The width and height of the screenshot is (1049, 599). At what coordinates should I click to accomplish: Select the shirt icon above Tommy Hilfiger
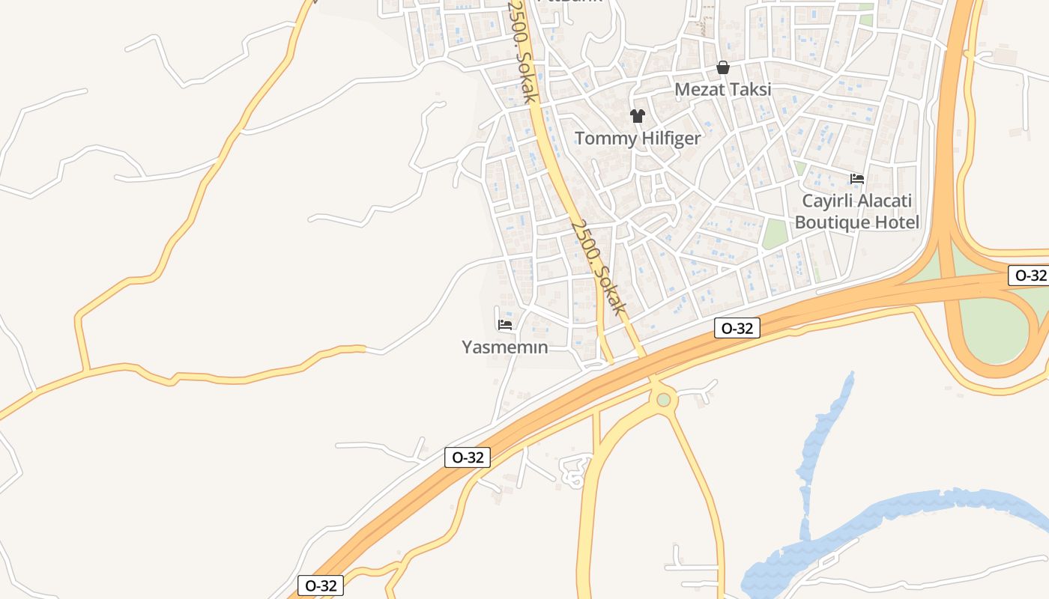tap(638, 116)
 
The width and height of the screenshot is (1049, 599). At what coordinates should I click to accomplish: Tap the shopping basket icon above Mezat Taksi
tap(723, 68)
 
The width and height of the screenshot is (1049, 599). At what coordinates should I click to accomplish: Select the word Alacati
tap(886, 201)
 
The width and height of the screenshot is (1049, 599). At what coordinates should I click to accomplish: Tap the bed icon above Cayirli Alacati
tap(857, 179)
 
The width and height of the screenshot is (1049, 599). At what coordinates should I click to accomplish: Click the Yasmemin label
tap(505, 347)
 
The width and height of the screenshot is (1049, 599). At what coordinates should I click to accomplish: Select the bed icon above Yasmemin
tap(505, 325)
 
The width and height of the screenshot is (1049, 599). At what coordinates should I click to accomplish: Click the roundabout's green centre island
tap(663, 400)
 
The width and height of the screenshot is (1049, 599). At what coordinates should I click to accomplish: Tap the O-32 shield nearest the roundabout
tap(737, 328)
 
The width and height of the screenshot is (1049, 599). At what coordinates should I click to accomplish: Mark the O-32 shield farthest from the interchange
tap(321, 586)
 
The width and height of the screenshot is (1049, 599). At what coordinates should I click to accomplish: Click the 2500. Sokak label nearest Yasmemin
tap(597, 267)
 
